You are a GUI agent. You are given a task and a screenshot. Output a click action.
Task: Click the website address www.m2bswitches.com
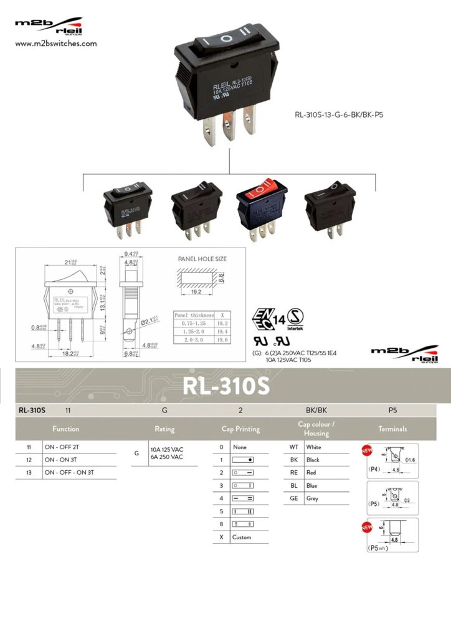(55, 44)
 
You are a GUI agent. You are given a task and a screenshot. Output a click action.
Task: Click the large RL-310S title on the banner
(225, 386)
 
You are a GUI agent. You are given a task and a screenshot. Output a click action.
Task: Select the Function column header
(66, 429)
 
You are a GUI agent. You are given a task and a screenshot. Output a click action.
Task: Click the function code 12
(29, 460)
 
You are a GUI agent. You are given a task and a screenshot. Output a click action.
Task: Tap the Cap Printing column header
(240, 429)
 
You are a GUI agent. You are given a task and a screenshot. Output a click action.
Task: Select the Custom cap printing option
(242, 537)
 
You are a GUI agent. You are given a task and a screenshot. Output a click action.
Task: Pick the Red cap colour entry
(311, 473)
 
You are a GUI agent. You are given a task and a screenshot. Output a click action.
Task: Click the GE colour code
(294, 498)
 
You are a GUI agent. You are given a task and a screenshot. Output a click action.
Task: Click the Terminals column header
(392, 429)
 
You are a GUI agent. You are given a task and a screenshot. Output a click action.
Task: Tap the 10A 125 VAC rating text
(167, 449)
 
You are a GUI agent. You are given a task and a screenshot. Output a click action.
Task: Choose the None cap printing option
(240, 447)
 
